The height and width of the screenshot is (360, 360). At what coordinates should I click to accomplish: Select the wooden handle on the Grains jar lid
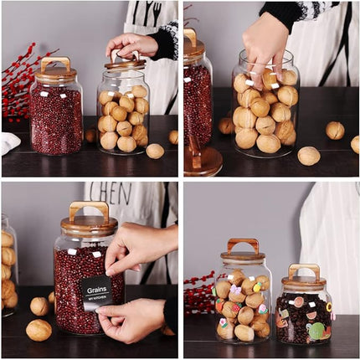point(89,209)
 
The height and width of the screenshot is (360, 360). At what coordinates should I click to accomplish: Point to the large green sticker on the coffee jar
point(315,331)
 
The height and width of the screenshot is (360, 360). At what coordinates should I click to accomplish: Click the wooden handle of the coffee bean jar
point(304,270)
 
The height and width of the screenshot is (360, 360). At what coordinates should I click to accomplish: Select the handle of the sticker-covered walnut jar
point(243,245)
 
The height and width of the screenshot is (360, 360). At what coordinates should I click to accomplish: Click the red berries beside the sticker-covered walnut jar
point(198,293)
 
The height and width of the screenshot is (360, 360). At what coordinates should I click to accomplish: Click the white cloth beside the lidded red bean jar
point(8,143)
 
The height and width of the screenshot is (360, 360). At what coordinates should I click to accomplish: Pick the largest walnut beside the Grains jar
point(39,330)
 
